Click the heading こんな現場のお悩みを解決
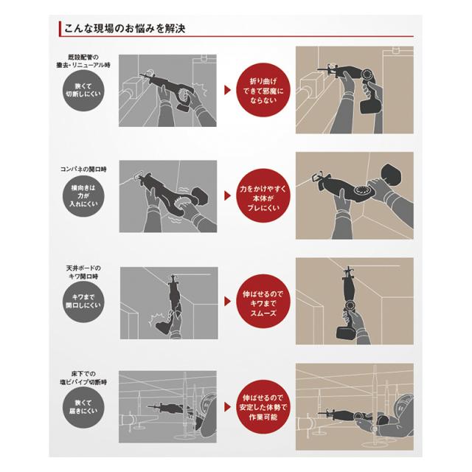coord(125,29)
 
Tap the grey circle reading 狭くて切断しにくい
coord(83,90)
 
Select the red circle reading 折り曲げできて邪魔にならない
coord(263,90)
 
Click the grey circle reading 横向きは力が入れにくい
coord(83,196)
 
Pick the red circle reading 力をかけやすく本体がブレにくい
coord(263,196)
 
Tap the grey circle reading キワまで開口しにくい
coord(83,302)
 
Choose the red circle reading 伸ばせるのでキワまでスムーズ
coord(263,302)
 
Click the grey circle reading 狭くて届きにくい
coord(83,407)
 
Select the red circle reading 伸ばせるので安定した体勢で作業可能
coord(263,407)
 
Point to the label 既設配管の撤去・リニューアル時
coord(83,60)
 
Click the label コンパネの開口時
coord(83,169)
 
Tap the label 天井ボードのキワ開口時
coord(83,272)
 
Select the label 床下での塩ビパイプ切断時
coord(83,378)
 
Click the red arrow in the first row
coord(228,90)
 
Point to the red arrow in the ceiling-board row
coord(228,302)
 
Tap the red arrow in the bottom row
coord(228,407)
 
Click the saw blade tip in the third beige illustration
coord(348,267)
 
